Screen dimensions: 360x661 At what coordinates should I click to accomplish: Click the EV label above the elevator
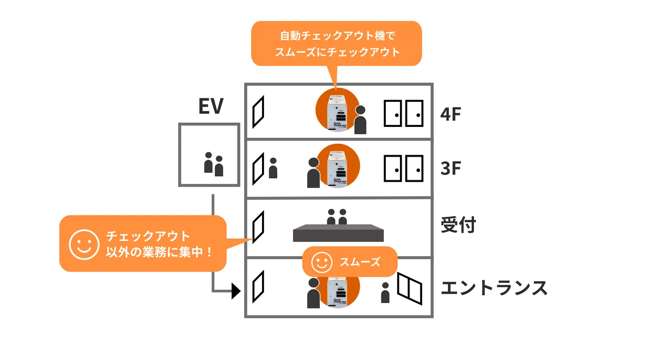211,107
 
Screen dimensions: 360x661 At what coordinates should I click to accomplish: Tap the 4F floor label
450,114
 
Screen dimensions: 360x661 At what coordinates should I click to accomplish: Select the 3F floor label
450,168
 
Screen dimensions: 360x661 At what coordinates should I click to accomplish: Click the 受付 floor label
458,225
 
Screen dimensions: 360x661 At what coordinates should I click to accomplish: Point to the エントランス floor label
494,287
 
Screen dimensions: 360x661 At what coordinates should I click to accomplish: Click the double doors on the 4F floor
403,113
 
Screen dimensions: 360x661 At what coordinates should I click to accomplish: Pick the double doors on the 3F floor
403,168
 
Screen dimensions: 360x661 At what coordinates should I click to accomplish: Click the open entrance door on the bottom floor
409,288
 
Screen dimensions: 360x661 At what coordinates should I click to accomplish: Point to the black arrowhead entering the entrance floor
236,291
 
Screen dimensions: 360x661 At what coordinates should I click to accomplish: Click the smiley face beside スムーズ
322,262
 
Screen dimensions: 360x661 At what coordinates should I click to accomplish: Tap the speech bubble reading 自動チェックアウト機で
336,43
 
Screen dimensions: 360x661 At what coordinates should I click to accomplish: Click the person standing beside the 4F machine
360,120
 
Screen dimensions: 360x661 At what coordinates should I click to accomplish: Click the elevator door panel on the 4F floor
258,112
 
